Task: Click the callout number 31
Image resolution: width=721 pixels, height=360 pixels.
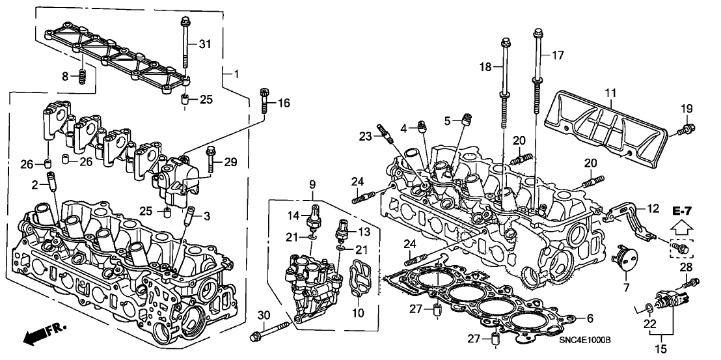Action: tap(205, 44)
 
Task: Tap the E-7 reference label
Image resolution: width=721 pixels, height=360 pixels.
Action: tap(682, 210)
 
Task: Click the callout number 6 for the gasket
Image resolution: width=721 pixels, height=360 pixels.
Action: tap(590, 318)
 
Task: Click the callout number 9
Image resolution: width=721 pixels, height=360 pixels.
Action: tap(312, 184)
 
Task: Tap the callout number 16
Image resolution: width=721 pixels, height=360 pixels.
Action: tap(284, 103)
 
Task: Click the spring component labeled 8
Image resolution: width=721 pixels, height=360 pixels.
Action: tap(83, 76)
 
